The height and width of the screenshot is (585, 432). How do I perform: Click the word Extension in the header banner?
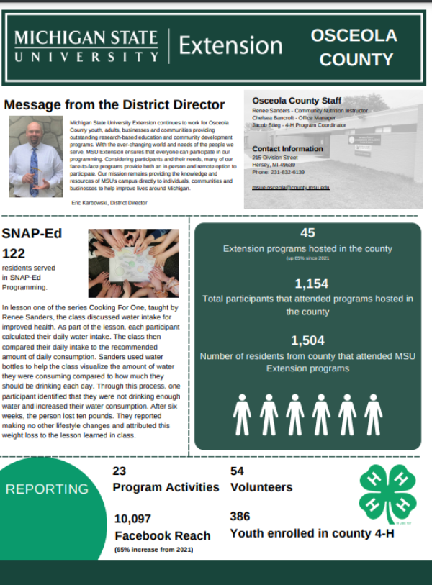click(230, 46)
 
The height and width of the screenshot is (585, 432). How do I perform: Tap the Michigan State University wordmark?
click(86, 46)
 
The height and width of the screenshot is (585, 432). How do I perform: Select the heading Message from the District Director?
click(114, 105)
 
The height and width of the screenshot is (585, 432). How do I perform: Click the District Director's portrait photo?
click(35, 157)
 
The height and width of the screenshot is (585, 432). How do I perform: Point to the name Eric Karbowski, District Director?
click(109, 204)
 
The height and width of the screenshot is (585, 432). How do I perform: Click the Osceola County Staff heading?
click(297, 101)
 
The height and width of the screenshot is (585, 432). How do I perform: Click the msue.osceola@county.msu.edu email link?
click(291, 187)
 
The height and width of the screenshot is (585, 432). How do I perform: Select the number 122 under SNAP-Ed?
click(14, 253)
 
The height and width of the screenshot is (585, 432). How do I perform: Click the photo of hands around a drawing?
click(129, 264)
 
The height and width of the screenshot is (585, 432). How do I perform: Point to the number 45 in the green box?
click(307, 233)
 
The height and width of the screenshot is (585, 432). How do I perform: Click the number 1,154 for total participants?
click(307, 284)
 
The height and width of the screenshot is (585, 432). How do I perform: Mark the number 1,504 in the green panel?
click(307, 340)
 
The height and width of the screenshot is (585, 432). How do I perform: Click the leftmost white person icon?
click(243, 415)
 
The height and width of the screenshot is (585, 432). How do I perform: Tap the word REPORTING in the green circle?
click(47, 489)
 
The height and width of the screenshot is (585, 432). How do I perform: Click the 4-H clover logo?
click(387, 493)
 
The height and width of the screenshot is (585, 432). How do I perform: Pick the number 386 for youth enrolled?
click(240, 517)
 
